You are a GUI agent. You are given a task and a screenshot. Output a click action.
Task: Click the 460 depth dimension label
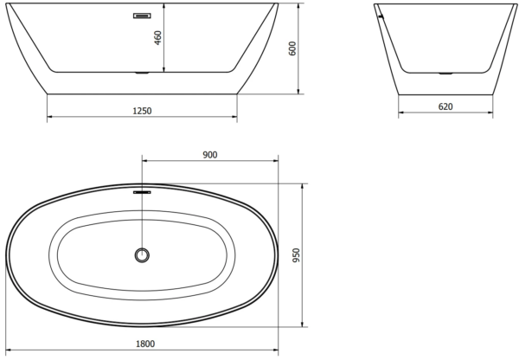(x=158, y=38)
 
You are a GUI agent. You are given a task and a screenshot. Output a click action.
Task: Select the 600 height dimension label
(x=292, y=48)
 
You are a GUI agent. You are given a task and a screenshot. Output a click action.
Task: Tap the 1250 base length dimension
(x=142, y=111)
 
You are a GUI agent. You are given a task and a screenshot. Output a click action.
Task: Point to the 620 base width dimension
(x=445, y=106)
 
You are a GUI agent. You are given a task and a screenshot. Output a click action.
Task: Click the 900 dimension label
(x=210, y=155)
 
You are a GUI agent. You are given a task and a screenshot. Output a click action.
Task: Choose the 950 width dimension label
(x=296, y=255)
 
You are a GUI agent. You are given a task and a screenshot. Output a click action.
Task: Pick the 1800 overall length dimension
(x=145, y=344)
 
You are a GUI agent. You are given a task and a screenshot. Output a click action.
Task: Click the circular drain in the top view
(x=142, y=255)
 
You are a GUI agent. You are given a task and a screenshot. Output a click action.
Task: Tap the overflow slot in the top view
(x=142, y=192)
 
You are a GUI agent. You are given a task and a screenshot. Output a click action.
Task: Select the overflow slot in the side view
(x=142, y=16)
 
